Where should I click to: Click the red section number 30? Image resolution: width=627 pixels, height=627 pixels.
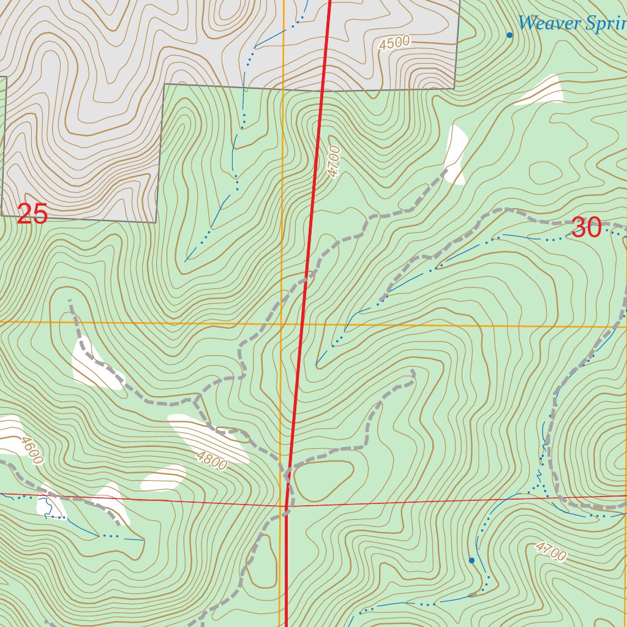[586, 228]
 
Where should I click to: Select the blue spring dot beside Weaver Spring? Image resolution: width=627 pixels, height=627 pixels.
[509, 35]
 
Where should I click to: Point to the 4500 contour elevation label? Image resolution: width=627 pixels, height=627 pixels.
[394, 43]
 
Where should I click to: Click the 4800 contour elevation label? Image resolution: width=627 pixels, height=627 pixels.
[212, 460]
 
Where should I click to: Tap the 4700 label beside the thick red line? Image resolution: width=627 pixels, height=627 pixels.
[334, 162]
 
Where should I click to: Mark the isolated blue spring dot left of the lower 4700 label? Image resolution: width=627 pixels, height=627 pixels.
[471, 560]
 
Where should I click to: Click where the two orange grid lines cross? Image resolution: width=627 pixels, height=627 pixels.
[281, 323]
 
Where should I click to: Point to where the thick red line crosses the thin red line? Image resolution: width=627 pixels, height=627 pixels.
[287, 506]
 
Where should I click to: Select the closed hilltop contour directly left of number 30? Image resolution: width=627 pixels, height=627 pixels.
[544, 172]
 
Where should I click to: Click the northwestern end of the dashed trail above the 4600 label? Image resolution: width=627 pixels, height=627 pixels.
[70, 301]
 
